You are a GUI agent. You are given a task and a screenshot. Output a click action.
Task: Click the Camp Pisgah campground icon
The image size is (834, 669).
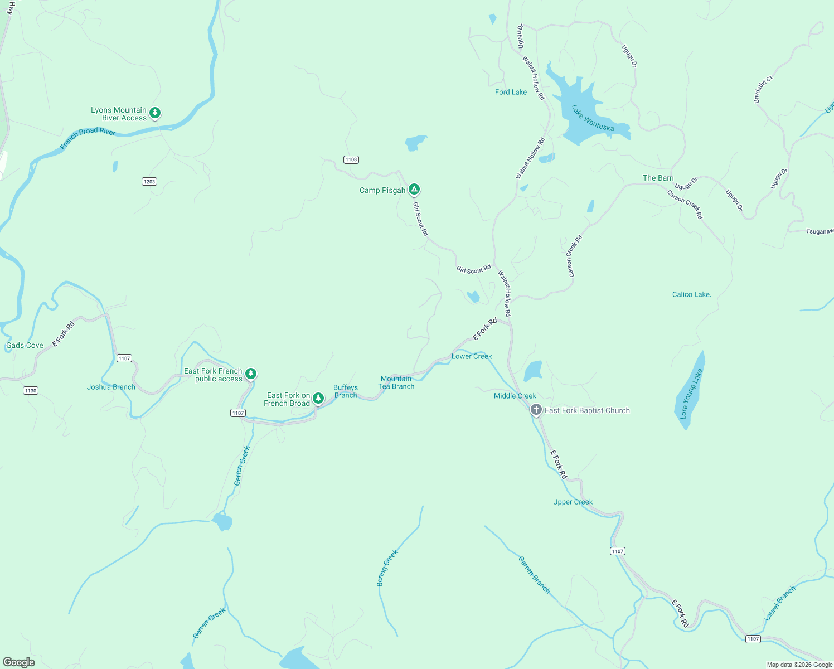click(x=414, y=190)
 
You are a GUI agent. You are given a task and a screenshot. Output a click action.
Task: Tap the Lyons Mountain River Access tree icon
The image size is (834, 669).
click(x=155, y=113)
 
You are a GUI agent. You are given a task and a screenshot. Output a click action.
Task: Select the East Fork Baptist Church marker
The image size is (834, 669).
click(x=536, y=410)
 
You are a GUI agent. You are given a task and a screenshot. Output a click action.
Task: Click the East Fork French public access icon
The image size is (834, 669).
click(x=251, y=374)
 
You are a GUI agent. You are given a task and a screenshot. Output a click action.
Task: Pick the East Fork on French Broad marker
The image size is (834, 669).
click(x=318, y=398)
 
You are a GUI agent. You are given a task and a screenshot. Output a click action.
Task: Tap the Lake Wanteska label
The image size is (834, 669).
click(x=593, y=119)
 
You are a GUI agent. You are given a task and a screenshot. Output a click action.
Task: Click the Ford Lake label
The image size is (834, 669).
click(x=511, y=92)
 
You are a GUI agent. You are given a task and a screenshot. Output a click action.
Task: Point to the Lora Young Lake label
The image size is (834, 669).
click(x=691, y=394)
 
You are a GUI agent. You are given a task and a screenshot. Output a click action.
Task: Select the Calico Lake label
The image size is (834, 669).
click(x=691, y=294)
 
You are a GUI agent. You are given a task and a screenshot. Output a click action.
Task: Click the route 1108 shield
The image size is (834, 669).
click(x=351, y=159)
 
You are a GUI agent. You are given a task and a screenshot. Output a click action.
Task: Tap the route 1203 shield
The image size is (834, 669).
click(x=149, y=181)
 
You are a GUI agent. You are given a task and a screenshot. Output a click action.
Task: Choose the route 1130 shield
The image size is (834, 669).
click(x=31, y=390)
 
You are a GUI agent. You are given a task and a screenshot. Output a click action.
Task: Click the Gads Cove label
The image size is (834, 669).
click(x=25, y=345)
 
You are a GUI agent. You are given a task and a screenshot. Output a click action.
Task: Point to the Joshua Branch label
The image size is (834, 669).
click(x=111, y=387)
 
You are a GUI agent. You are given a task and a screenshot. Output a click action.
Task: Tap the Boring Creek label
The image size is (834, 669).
click(x=387, y=568)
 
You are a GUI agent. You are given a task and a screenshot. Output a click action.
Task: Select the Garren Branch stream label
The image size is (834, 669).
click(x=534, y=575)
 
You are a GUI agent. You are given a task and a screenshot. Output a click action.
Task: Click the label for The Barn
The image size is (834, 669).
click(x=658, y=178)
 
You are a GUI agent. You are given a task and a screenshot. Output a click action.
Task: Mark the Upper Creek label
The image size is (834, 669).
click(x=573, y=502)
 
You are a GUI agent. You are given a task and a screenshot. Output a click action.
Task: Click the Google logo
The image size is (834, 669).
click(x=19, y=662)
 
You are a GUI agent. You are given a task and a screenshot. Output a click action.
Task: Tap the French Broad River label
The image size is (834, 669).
click(x=88, y=138)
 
